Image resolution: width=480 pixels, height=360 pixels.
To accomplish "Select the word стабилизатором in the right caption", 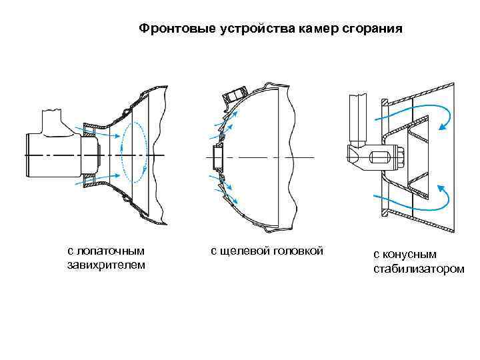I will pyautogui.click(x=418, y=269).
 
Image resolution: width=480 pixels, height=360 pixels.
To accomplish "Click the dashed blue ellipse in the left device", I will pyautogui.click(x=135, y=154).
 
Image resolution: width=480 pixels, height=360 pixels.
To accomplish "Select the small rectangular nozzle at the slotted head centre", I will pyautogui.click(x=217, y=157).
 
